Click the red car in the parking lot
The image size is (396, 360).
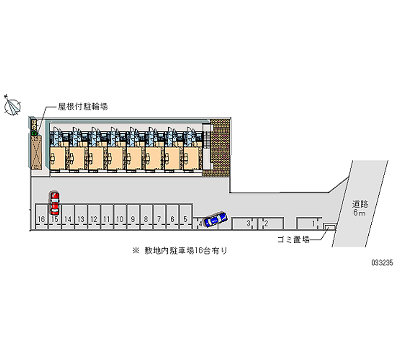[x=54, y=202]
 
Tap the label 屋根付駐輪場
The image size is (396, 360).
[x=80, y=106]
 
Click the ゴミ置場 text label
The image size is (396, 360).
[x=293, y=240]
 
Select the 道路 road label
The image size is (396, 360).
[x=359, y=203]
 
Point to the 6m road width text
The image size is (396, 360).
[x=359, y=212]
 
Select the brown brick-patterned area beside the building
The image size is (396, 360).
[x=218, y=149]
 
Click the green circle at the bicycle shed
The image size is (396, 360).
[x=34, y=133]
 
